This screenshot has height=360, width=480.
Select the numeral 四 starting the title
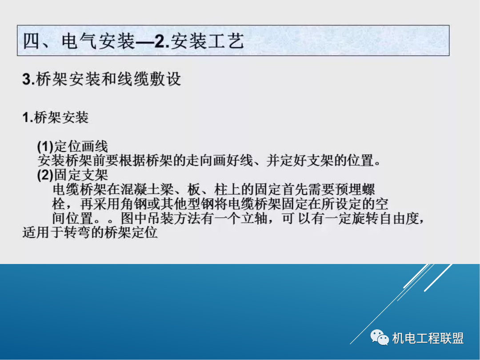click(32, 42)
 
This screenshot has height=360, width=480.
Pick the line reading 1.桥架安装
click(56, 118)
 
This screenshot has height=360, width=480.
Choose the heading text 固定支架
click(81, 174)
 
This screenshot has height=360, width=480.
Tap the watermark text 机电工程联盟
click(428, 338)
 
